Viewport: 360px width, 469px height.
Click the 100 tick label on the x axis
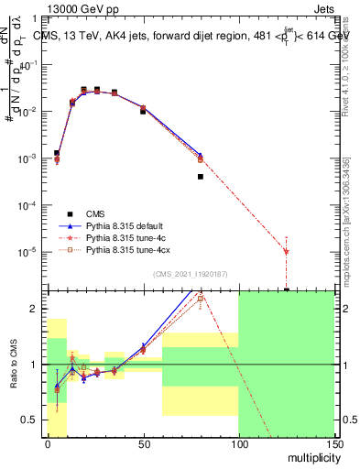[x=238, y=442]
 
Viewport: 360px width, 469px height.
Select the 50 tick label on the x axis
[x=143, y=442]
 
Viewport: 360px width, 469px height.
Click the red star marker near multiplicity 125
[x=287, y=251]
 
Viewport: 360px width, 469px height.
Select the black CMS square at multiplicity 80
[x=201, y=177]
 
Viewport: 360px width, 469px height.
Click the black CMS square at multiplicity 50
[x=143, y=110]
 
